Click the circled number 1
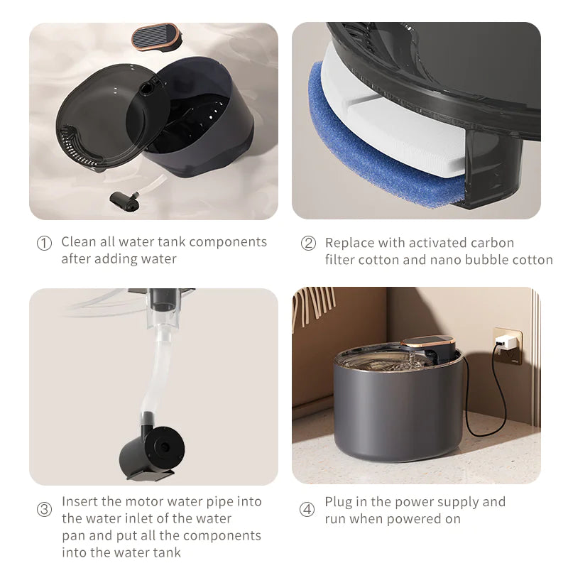click(x=44, y=244)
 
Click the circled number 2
click(x=308, y=244)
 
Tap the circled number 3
click(x=44, y=510)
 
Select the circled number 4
click(x=307, y=510)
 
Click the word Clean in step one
click(x=78, y=242)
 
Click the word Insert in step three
click(x=80, y=501)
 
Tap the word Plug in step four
click(x=339, y=502)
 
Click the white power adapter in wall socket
click(x=506, y=344)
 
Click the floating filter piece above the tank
click(x=156, y=36)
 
